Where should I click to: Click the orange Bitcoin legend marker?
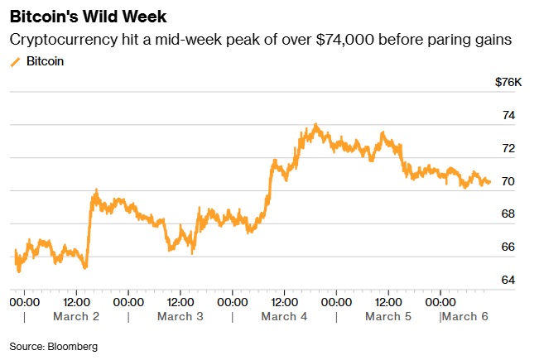[15, 61]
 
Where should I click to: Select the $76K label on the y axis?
[508, 83]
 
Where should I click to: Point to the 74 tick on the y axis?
[508, 115]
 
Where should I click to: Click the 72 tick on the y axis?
[508, 148]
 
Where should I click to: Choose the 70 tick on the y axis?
[508, 181]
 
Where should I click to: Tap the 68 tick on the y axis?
[508, 214]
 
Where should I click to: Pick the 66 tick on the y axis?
[508, 247]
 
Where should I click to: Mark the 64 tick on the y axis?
[508, 280]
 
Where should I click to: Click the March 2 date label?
[76, 316]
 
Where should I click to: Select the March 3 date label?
[180, 316]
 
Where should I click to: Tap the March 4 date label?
[284, 316]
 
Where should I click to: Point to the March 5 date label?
[388, 316]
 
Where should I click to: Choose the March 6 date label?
[467, 316]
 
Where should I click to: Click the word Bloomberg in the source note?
[72, 346]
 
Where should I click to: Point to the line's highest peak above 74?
[315, 125]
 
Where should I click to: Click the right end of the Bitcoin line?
[489, 182]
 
